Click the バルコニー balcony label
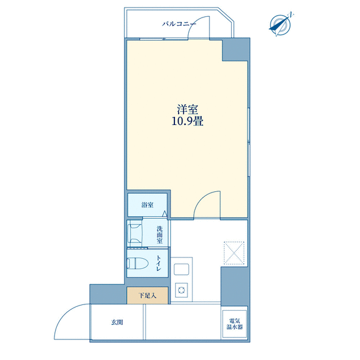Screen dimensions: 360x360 click(179, 24)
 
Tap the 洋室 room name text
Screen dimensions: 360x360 click(187, 109)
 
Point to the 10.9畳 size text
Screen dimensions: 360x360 click(187, 121)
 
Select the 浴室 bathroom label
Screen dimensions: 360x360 click(147, 205)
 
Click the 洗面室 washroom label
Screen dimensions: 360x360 click(159, 234)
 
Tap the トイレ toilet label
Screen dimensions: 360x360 click(159, 263)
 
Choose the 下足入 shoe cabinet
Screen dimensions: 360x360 click(147, 296)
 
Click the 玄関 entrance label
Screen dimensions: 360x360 click(117, 322)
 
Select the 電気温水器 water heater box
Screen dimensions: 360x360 click(234, 324)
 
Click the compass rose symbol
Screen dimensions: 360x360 click(281, 24)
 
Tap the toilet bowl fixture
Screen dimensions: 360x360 click(137, 263)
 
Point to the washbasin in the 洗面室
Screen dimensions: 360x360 click(135, 234)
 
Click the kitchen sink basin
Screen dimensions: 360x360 click(181, 269)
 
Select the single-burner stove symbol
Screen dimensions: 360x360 click(181, 290)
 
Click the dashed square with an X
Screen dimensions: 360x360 click(234, 252)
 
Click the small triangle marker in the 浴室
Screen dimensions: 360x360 click(164, 214)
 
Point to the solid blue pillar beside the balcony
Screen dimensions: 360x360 click(236, 49)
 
